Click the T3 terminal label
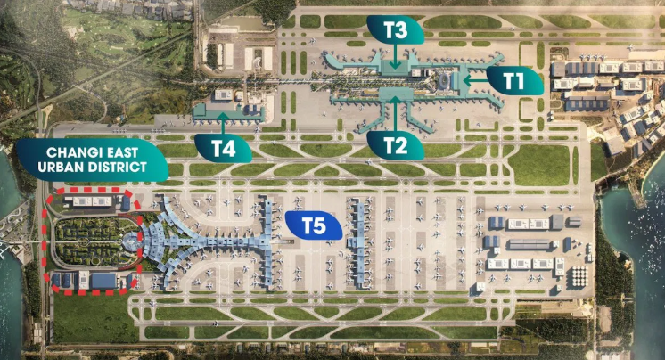point(395,29)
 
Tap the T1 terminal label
point(514,80)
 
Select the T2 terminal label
point(395,145)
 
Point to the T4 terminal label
point(224,149)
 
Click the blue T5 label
point(314,225)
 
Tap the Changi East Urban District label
point(93,160)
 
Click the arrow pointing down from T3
point(395,56)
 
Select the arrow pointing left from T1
point(475,79)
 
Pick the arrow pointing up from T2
point(395,114)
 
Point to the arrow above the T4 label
point(223,123)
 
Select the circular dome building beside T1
point(444,80)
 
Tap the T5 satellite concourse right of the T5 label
point(358,241)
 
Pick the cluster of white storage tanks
point(579,276)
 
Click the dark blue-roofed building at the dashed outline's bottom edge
point(104,281)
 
